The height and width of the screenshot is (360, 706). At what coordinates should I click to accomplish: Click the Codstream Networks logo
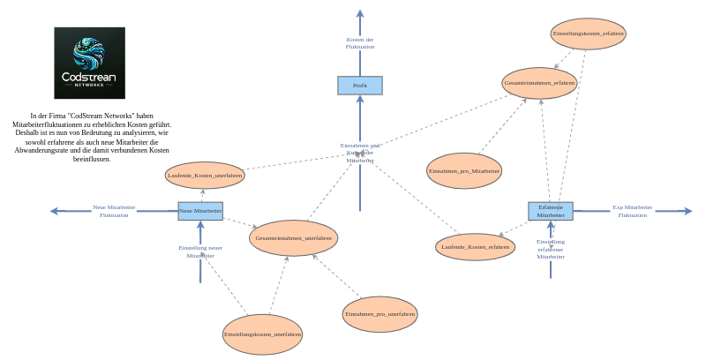click(x=89, y=63)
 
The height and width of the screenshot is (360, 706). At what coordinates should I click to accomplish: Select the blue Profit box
click(x=360, y=86)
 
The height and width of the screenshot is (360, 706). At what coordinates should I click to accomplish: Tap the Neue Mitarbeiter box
click(x=200, y=211)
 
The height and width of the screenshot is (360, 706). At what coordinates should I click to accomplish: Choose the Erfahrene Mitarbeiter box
click(x=551, y=211)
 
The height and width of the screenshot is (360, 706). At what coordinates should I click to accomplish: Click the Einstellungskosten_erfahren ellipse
click(x=589, y=34)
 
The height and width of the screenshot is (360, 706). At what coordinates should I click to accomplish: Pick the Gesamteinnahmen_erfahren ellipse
click(x=539, y=83)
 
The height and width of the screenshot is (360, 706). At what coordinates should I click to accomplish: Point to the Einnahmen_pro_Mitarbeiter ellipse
click(x=464, y=170)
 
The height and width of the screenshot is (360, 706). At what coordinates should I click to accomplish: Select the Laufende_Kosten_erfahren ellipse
click(x=476, y=247)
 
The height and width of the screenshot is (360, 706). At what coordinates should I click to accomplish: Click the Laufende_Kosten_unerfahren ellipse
click(x=205, y=176)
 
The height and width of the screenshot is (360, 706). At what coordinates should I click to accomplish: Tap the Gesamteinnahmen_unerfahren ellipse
click(x=294, y=238)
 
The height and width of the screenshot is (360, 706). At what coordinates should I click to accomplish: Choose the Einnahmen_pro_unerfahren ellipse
click(x=379, y=314)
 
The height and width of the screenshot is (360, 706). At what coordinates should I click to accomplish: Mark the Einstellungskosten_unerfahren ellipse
click(x=262, y=334)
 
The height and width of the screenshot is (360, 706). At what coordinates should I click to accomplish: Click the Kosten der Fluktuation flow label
click(x=360, y=43)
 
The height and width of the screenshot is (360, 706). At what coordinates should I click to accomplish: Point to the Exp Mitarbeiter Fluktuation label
click(x=632, y=211)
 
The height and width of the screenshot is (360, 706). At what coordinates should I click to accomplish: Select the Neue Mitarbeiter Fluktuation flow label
click(x=114, y=211)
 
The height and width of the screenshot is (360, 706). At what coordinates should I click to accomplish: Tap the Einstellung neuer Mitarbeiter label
click(x=200, y=251)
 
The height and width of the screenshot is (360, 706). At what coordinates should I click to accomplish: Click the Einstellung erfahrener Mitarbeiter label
click(x=551, y=249)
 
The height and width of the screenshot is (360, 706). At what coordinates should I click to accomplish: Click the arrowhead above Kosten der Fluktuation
click(x=360, y=13)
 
